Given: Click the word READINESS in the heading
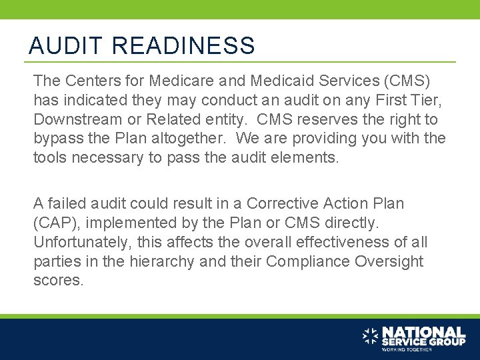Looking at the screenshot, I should point(183,46).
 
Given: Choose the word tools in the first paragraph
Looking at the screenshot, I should point(50,159).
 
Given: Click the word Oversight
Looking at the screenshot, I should point(391,261).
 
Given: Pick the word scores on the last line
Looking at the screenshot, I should point(58,281).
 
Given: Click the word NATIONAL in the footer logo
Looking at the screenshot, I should point(423,331).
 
